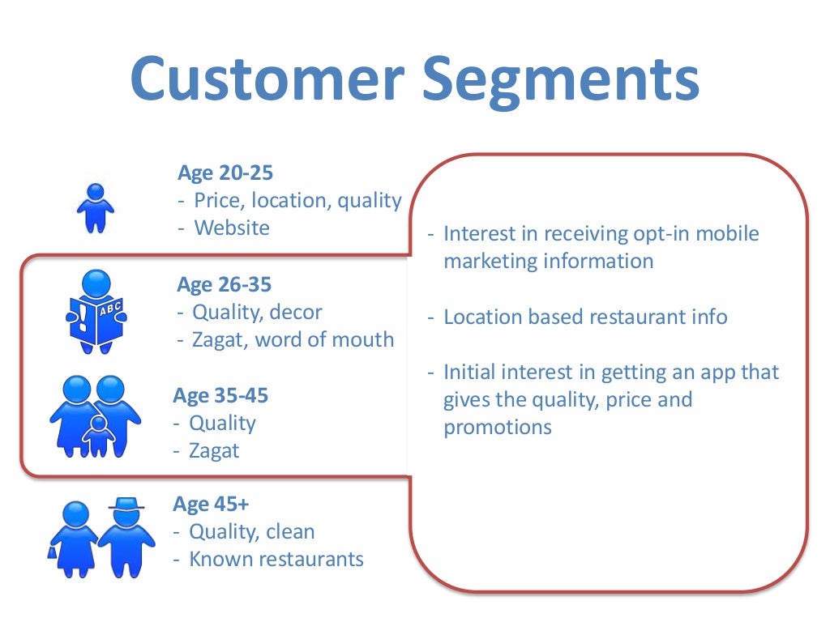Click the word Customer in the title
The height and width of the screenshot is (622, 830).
[x=267, y=79]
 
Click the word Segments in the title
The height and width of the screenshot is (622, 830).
[x=560, y=79]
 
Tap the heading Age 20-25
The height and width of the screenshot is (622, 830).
[x=225, y=173]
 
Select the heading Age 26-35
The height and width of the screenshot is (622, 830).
[x=225, y=284]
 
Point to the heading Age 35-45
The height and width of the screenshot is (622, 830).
[x=220, y=395]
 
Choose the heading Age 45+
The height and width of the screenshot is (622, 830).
[x=211, y=504]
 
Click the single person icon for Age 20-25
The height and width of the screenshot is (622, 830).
[x=96, y=209]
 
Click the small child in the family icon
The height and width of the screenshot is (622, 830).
[x=99, y=436]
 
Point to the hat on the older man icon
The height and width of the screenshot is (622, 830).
[x=126, y=504]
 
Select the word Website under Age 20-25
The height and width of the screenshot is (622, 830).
[x=232, y=228]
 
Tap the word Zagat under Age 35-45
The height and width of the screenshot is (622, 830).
[x=214, y=450]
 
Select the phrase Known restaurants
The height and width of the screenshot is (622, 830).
[x=276, y=559]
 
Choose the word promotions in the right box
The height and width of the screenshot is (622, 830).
[x=498, y=427]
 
